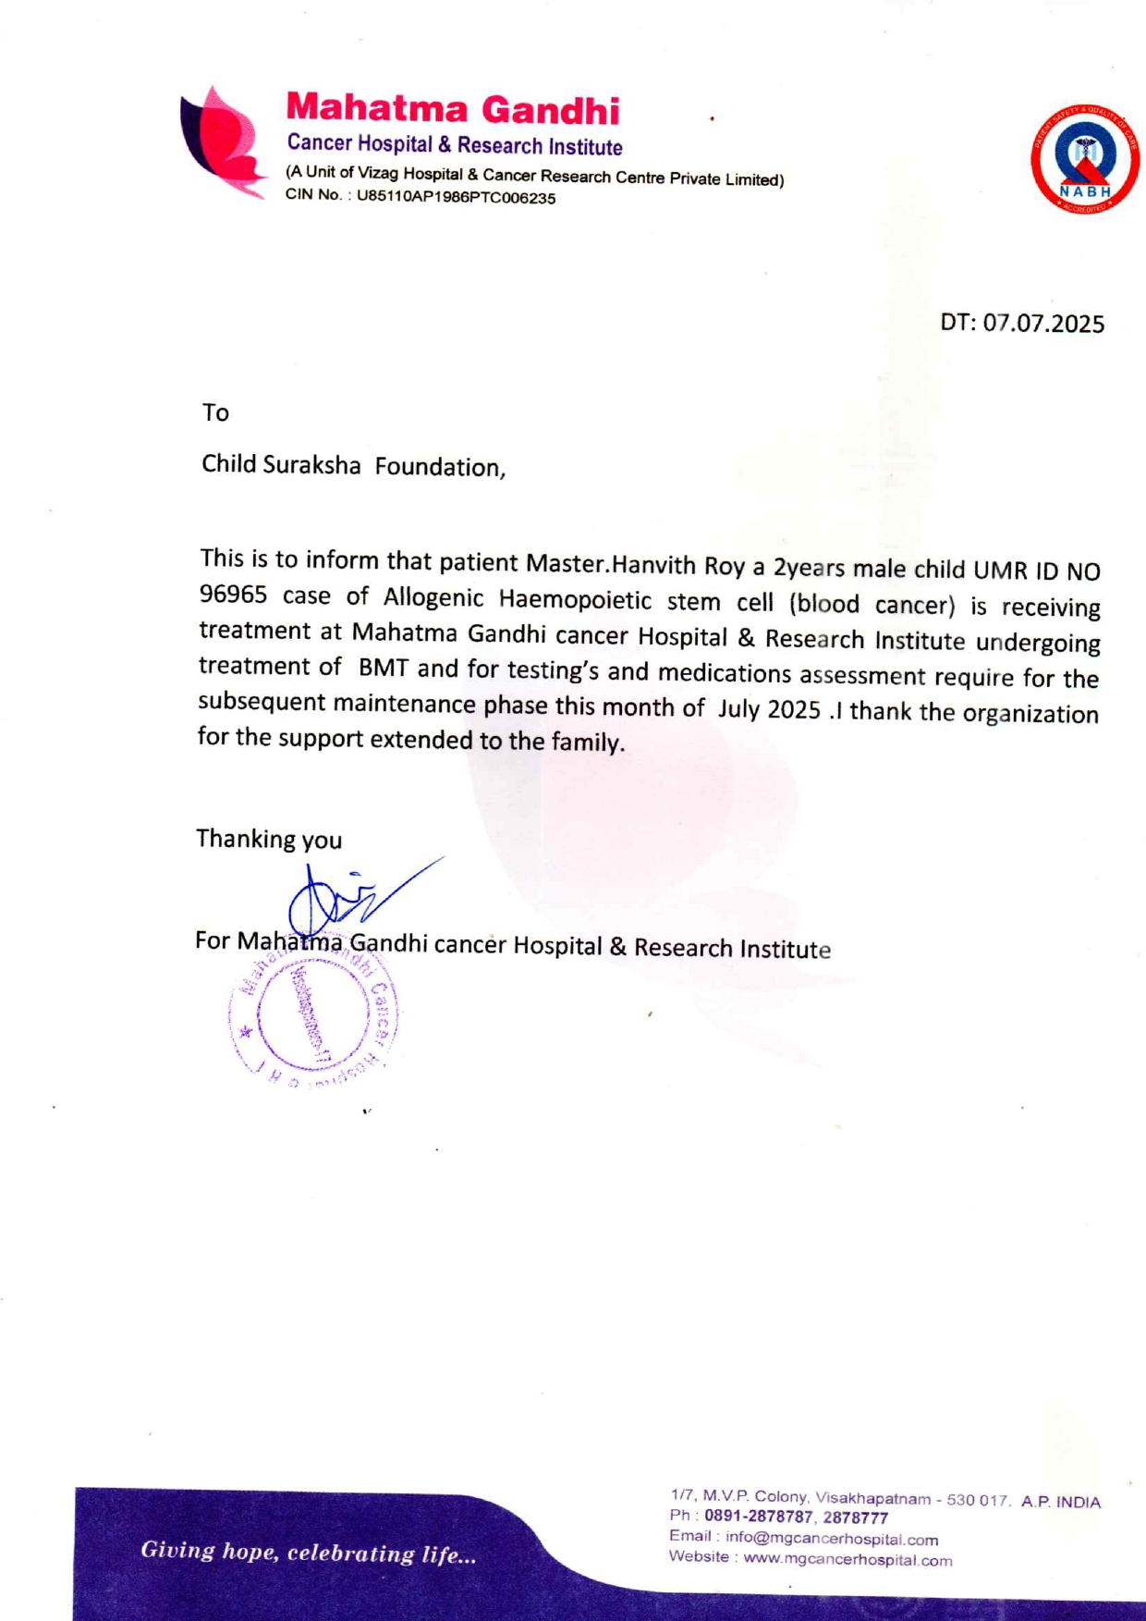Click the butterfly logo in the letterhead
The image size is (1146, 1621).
click(222, 142)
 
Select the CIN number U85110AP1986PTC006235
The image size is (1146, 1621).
click(457, 198)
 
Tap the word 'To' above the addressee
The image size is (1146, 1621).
click(215, 412)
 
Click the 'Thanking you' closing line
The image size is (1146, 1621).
click(269, 839)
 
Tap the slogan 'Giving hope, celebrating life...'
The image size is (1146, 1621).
click(308, 1552)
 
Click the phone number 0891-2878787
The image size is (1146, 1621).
click(759, 1517)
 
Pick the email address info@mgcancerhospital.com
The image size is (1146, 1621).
click(831, 1539)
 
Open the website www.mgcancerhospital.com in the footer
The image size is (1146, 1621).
click(847, 1560)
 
